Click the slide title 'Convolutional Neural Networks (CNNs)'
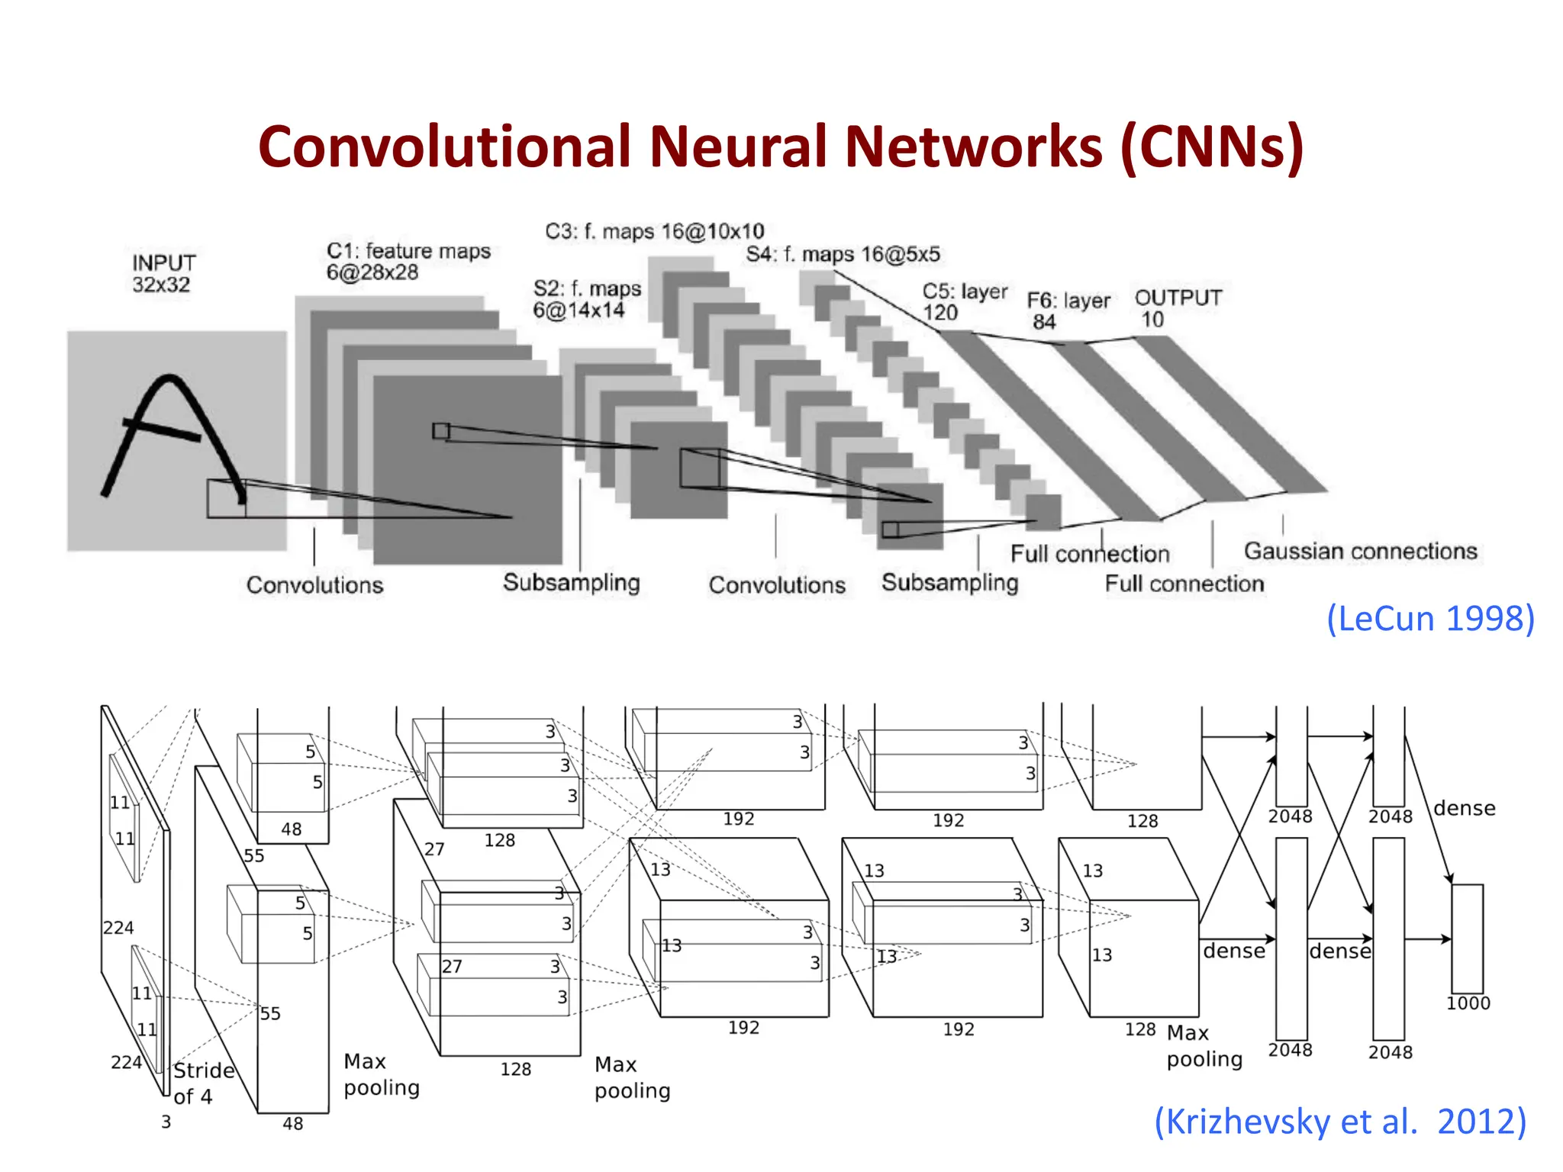tap(781, 146)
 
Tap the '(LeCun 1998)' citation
tap(1430, 618)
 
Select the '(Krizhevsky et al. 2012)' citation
tap(1340, 1122)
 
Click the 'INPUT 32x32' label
tap(163, 273)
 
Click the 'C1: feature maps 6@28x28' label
tap(408, 261)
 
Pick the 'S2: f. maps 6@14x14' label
tap(586, 299)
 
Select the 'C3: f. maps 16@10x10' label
tap(654, 231)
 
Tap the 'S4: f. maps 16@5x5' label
tap(843, 254)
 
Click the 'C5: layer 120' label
tap(964, 302)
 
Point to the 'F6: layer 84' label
tap(1068, 311)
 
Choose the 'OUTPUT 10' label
tap(1178, 308)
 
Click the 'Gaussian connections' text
tap(1360, 551)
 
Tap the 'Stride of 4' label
tap(202, 1083)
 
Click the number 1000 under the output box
tap(1468, 1003)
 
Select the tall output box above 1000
tap(1467, 939)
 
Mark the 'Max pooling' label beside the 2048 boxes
tap(1204, 1046)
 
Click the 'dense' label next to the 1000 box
tap(1464, 808)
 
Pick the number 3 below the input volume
tap(166, 1122)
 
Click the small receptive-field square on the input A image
tap(226, 498)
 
